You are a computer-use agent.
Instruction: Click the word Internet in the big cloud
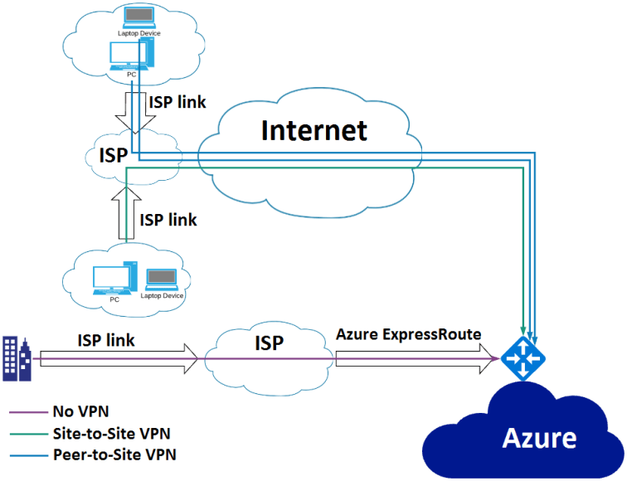[x=314, y=130]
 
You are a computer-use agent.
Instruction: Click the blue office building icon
[x=17, y=357]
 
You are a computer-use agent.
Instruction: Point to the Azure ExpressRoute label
[x=409, y=335]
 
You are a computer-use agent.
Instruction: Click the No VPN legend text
[x=81, y=411]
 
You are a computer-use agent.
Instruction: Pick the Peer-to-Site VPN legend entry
[x=114, y=454]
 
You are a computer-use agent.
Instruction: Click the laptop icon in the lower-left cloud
[x=161, y=279]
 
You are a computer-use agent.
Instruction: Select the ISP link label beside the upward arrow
[x=168, y=220]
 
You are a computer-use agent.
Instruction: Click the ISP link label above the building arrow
[x=106, y=340]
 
